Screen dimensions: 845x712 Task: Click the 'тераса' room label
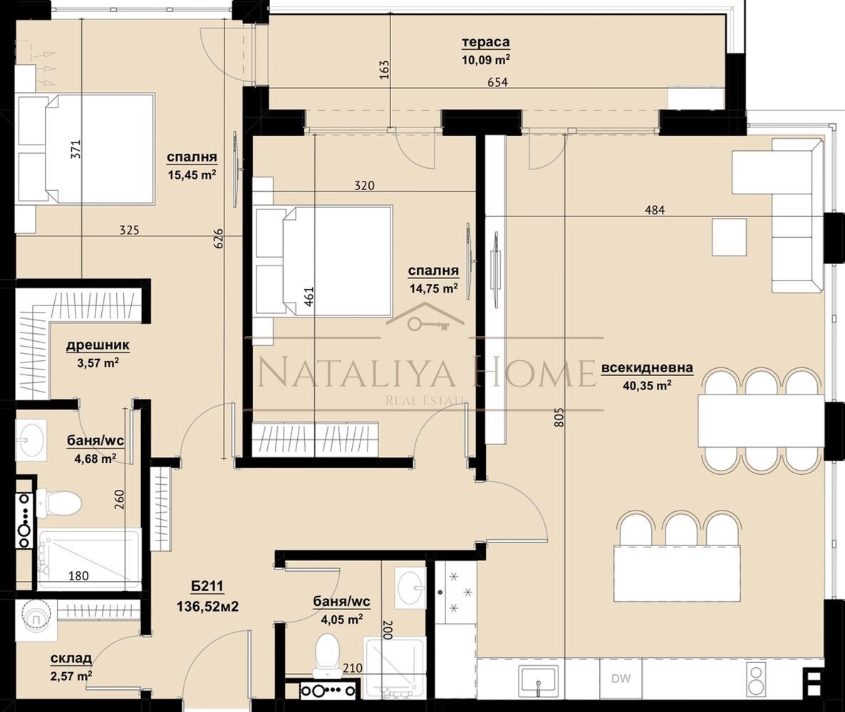485,42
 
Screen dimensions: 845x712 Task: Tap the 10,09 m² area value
485,58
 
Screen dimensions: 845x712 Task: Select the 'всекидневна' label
647,368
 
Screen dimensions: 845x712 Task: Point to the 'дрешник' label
98,345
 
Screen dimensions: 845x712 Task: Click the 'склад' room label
71,659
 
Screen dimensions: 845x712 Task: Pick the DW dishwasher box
621,679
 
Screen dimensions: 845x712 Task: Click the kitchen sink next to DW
539,681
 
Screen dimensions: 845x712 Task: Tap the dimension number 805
559,417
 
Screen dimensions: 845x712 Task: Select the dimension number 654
497,82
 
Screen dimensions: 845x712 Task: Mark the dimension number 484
655,209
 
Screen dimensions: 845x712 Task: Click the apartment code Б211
207,587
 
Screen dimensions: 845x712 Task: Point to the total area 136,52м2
207,607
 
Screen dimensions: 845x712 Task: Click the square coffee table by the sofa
729,236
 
